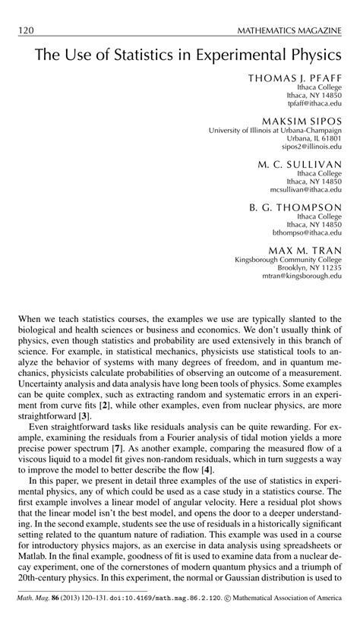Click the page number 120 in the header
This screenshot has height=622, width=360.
(25, 30)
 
